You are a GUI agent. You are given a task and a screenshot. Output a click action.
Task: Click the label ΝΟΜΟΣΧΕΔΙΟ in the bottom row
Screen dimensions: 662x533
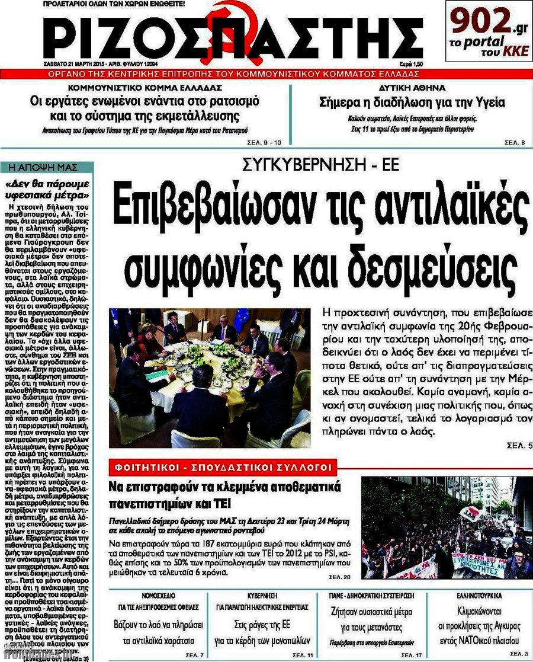tap(160, 594)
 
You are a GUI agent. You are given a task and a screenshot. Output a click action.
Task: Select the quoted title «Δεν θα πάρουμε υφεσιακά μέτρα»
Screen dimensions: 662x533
tap(47, 188)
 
